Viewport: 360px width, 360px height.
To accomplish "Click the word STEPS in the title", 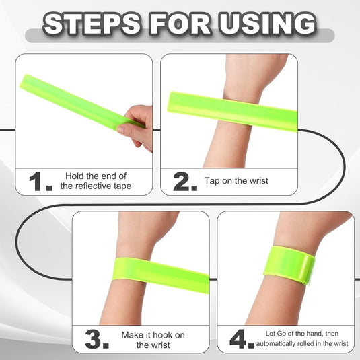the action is tap(92, 24).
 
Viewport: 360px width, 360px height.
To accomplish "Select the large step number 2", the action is tap(185, 182).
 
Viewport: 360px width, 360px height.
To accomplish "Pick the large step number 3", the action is tap(96, 339).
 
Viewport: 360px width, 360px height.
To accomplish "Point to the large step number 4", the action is tap(242, 339).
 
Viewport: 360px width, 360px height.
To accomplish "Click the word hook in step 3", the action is tap(163, 335).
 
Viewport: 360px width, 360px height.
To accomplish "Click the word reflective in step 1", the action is tap(94, 186).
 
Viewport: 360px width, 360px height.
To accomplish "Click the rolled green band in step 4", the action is tap(289, 265).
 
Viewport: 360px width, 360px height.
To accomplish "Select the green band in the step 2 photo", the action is tap(232, 111).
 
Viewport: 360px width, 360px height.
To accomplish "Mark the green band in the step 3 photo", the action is tap(161, 275).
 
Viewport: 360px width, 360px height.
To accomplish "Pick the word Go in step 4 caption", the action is tap(282, 334).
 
